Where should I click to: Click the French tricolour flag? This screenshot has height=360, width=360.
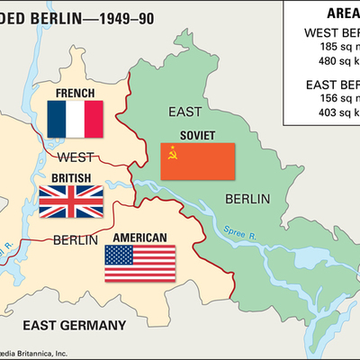tap(75, 118)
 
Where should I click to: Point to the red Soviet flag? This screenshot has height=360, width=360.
tap(198, 161)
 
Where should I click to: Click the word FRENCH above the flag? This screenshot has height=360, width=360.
tap(75, 93)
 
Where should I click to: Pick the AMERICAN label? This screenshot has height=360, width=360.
tap(139, 238)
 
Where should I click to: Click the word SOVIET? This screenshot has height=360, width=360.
tap(198, 136)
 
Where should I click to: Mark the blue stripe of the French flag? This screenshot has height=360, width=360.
tap(56, 118)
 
